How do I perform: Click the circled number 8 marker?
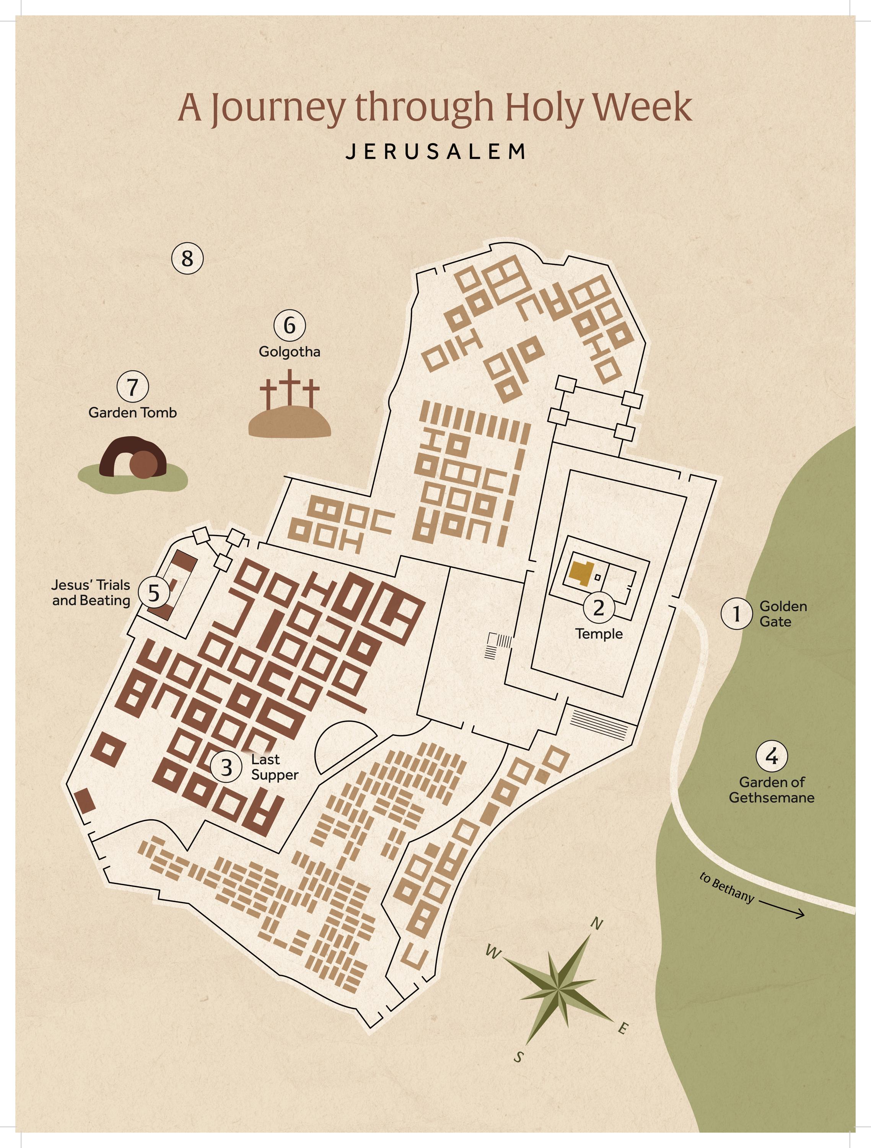point(187,258)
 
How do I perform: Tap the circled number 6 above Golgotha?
point(290,325)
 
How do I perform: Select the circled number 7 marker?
point(133,386)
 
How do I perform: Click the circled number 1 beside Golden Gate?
point(736,613)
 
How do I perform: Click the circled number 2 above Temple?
point(599,607)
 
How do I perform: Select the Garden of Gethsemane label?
point(772,789)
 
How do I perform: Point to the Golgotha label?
point(290,352)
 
